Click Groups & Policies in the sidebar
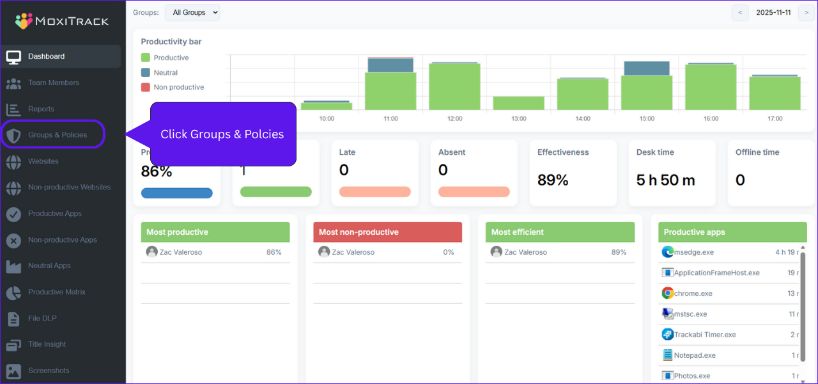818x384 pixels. click(x=57, y=135)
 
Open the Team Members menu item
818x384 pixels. click(x=53, y=83)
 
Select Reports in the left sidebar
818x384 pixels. click(x=41, y=109)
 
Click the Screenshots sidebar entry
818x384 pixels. click(x=49, y=371)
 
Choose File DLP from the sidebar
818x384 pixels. click(x=42, y=318)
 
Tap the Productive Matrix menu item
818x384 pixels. click(x=56, y=292)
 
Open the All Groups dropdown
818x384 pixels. click(x=192, y=13)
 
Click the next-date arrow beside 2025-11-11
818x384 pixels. click(x=806, y=13)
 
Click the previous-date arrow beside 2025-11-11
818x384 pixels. click(x=740, y=13)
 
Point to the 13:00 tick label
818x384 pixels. click(x=519, y=119)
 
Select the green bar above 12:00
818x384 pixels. click(x=454, y=86)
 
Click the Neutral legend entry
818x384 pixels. click(x=166, y=73)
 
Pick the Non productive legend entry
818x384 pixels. click(x=178, y=87)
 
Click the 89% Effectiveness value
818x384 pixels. click(x=553, y=180)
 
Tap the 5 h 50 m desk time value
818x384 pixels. click(x=665, y=180)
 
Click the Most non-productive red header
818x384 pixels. click(x=387, y=232)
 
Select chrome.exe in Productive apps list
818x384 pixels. click(x=693, y=293)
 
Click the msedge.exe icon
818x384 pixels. click(x=668, y=252)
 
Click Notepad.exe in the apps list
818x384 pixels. click(x=694, y=355)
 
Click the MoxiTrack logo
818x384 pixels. click(x=62, y=21)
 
